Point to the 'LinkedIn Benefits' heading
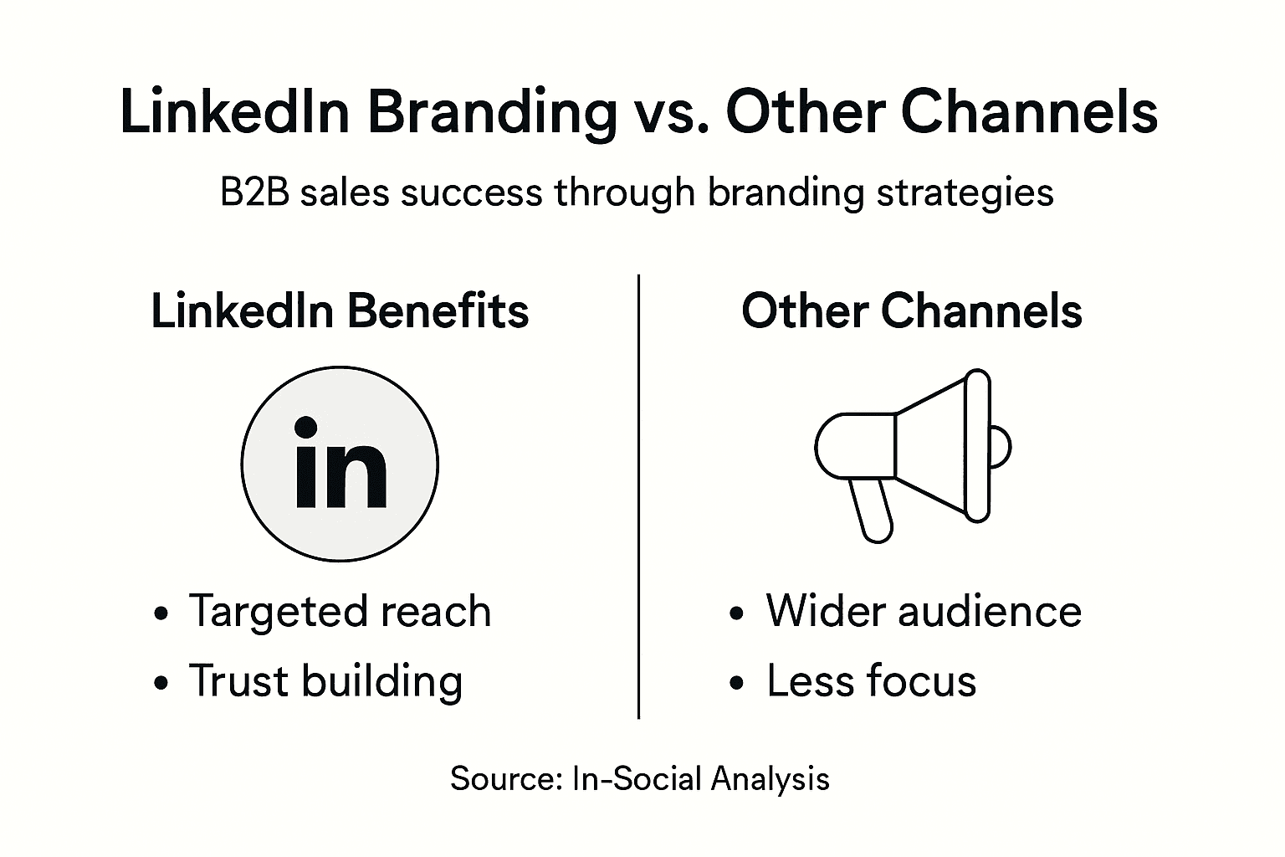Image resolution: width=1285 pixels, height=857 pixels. (340, 311)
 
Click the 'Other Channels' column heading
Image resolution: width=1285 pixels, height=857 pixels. (912, 311)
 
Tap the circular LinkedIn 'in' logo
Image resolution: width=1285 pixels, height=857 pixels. (340, 464)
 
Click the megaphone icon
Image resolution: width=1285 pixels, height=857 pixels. (913, 455)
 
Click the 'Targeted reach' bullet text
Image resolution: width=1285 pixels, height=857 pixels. (340, 612)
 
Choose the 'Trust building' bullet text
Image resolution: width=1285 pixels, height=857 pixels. (325, 682)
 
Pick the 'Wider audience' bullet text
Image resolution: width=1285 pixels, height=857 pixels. (924, 611)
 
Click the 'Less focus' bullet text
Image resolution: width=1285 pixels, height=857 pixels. (872, 680)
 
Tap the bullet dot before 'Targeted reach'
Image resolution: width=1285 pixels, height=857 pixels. (161, 613)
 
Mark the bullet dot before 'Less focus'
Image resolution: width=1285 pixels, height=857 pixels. (736, 683)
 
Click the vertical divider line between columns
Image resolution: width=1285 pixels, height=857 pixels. (638, 496)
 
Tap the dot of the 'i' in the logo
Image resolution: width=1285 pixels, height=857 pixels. (305, 428)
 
